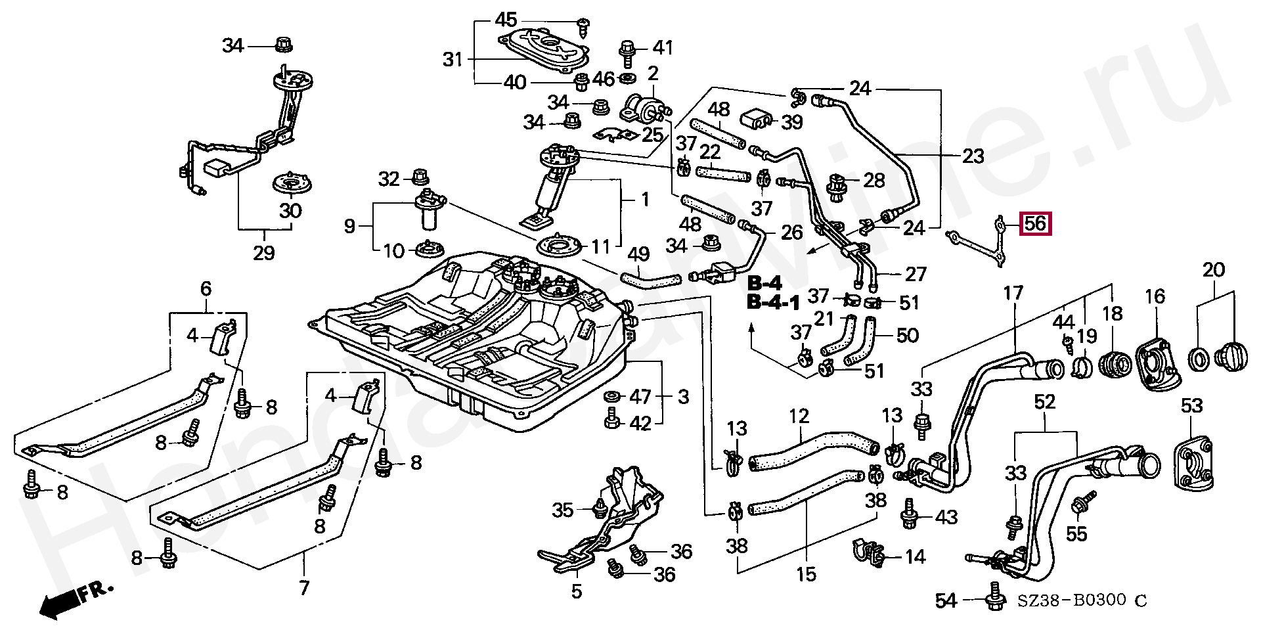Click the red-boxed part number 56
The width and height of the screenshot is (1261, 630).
(1035, 223)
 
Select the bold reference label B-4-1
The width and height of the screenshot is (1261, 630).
(774, 304)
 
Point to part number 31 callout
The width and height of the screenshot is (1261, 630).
(453, 60)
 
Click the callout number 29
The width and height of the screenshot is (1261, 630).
(264, 253)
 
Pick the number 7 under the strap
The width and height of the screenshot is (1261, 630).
(303, 587)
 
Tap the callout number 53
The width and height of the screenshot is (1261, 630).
(1191, 405)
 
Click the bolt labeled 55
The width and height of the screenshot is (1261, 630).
(1080, 505)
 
